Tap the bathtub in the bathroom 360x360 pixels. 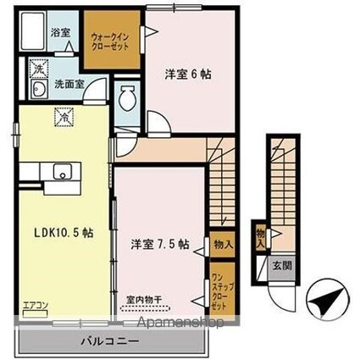(34, 36)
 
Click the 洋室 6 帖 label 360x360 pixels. (187, 74)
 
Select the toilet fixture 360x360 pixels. (128, 101)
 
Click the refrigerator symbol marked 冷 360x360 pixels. (61, 118)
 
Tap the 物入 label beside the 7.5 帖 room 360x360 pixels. (224, 244)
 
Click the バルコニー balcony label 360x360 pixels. (109, 343)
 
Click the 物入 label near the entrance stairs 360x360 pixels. (260, 234)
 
